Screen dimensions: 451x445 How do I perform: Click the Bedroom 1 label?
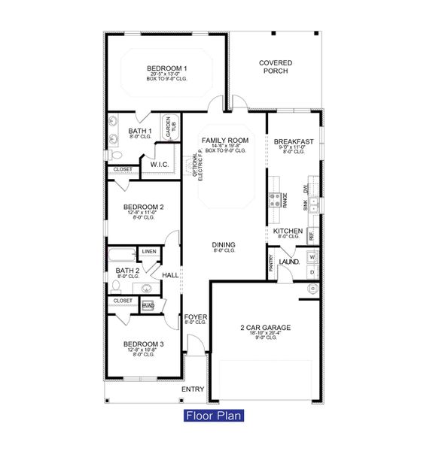167,68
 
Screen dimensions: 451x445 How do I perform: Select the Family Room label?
224,141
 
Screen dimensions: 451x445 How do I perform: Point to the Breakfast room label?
294,141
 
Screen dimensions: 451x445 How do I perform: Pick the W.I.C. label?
159,164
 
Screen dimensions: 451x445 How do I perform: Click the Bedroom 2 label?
144,207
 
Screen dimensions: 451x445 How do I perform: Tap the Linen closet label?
148,251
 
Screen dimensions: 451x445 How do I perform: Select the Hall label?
170,275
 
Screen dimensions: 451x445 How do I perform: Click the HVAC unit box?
148,305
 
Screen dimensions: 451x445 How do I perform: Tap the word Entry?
193,389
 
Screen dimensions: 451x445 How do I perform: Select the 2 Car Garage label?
266,328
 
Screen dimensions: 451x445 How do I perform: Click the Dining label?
223,245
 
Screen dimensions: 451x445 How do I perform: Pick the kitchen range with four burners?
275,199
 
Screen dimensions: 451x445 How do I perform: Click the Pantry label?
271,263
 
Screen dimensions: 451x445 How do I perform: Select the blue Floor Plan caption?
214,415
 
